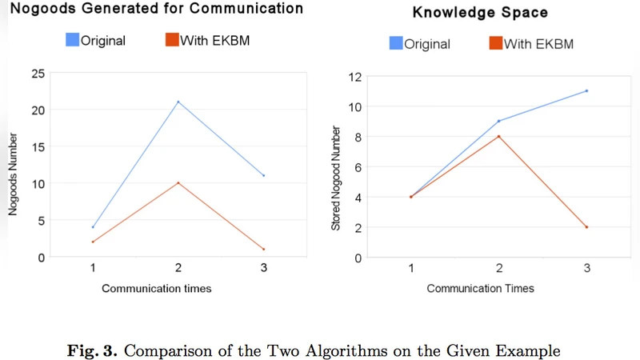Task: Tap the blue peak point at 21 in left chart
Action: pos(178,102)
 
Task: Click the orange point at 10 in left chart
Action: pos(178,183)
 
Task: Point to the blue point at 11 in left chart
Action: pos(263,175)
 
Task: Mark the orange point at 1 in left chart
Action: pos(263,249)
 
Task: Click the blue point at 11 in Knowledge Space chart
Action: pos(586,90)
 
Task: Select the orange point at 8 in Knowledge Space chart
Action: pos(499,136)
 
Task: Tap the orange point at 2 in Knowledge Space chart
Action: pos(586,227)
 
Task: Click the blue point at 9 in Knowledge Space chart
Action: pos(499,121)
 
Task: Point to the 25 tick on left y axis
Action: pos(38,74)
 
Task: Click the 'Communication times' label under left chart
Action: pos(156,288)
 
